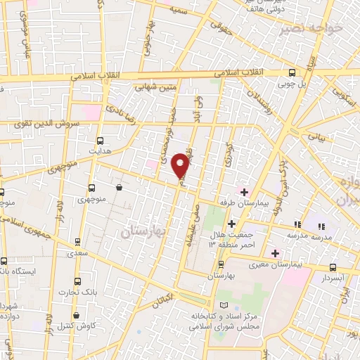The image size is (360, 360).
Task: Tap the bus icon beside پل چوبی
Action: [292, 73]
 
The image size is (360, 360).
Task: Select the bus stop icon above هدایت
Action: [100, 141]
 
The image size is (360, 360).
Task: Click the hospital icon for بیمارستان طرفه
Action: [244, 192]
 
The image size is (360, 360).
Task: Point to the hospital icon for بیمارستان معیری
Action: [275, 253]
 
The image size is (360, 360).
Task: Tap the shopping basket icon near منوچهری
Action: [120, 188]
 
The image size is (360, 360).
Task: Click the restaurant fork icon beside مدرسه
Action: [321, 226]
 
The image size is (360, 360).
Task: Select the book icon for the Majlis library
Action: [224, 305]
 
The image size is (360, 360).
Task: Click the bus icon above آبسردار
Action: [333, 267]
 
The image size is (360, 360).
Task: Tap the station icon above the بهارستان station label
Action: [221, 265]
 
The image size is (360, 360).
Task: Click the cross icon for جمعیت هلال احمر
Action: [231, 224]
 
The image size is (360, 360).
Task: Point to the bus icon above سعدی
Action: [77, 240]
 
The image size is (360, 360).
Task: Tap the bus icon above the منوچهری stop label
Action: [91, 188]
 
